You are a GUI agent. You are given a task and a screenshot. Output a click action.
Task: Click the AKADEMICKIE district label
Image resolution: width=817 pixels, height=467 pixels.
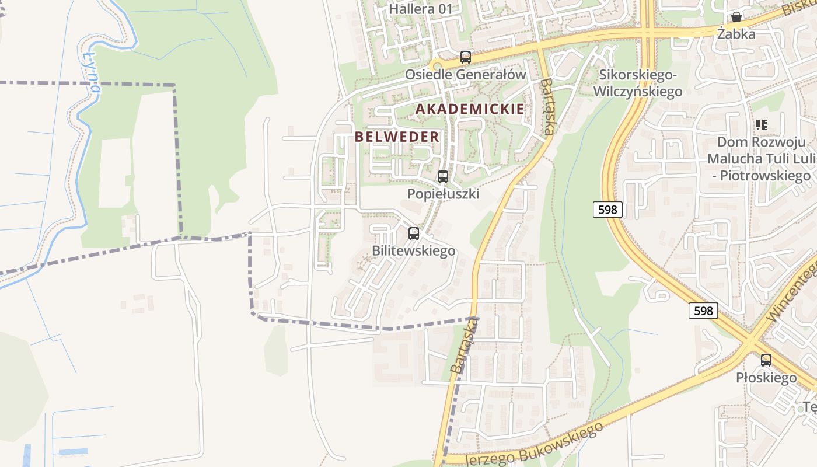[x=470, y=109]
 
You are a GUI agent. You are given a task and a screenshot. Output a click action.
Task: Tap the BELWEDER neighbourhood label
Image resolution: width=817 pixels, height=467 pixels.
[x=397, y=137]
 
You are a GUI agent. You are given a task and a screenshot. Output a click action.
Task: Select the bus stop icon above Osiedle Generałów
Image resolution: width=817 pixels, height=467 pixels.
[x=465, y=57]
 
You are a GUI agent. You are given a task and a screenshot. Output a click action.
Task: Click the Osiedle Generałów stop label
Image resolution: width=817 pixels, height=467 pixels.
[x=466, y=75]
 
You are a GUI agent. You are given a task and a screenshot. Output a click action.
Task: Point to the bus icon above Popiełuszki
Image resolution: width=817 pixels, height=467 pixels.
[x=443, y=176]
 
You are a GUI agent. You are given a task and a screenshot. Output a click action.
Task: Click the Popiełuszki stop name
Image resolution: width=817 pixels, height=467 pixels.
[x=443, y=194]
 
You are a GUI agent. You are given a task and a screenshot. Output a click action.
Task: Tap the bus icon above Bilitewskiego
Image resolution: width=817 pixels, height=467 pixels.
[x=414, y=233]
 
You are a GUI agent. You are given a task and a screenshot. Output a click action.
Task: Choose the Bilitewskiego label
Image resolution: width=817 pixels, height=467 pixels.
[x=414, y=251]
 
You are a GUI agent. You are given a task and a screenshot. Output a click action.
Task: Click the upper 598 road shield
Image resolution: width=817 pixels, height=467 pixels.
[x=607, y=210]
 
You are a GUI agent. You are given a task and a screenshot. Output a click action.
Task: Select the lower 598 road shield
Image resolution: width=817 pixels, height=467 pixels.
[x=703, y=311]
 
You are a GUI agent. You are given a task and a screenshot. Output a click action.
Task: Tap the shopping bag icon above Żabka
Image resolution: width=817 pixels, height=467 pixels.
[x=736, y=17]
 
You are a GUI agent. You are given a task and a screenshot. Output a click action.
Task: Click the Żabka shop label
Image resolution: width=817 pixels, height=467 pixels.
[x=736, y=34]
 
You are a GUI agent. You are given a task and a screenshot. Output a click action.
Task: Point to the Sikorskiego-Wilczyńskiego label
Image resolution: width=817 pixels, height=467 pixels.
[x=637, y=83]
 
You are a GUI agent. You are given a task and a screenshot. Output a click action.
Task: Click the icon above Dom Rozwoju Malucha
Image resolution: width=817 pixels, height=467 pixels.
[x=761, y=124]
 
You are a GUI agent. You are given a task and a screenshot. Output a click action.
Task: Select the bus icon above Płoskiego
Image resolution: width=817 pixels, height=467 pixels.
[x=766, y=360]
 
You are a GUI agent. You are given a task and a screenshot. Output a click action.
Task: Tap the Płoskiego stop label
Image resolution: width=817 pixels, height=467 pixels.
[x=766, y=378]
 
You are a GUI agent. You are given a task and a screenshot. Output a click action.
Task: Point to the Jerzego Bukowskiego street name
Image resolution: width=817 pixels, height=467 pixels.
[x=534, y=444]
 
